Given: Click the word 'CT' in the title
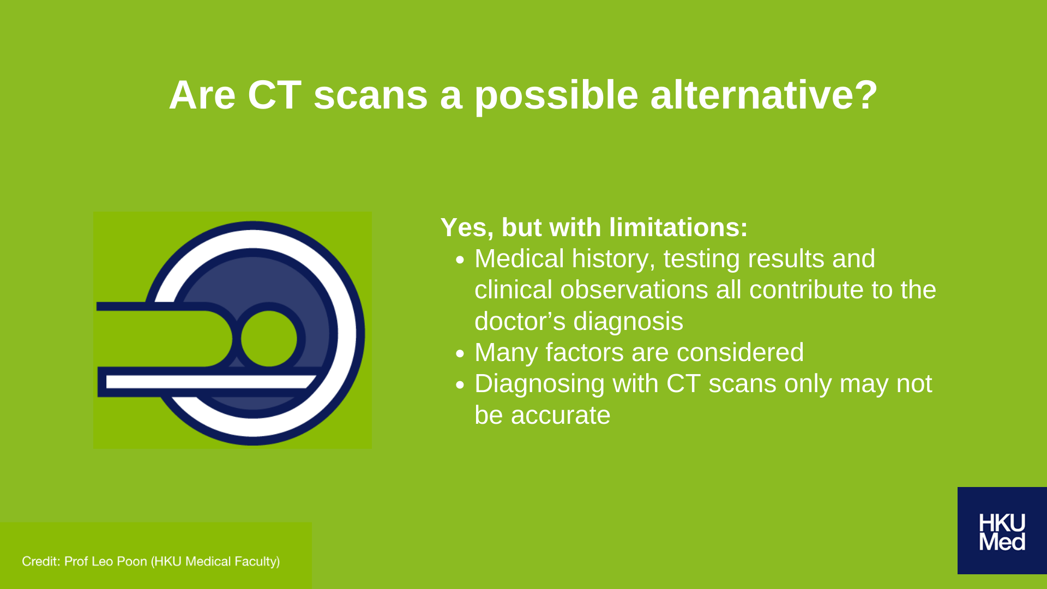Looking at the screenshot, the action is (x=274, y=95).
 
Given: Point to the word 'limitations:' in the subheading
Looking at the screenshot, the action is (x=678, y=227).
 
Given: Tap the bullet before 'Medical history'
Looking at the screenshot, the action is (x=460, y=260).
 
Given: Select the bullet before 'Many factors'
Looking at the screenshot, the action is (x=460, y=354).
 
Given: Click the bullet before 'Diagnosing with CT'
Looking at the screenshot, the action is (x=460, y=385).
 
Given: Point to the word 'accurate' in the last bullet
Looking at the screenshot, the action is (x=561, y=416).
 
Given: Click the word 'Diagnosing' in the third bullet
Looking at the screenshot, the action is (x=539, y=384).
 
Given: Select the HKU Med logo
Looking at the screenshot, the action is (x=1002, y=531).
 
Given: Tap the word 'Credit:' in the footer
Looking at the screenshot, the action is (x=41, y=561).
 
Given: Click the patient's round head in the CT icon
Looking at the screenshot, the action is (x=269, y=339).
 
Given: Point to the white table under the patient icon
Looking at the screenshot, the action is (x=210, y=382).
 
